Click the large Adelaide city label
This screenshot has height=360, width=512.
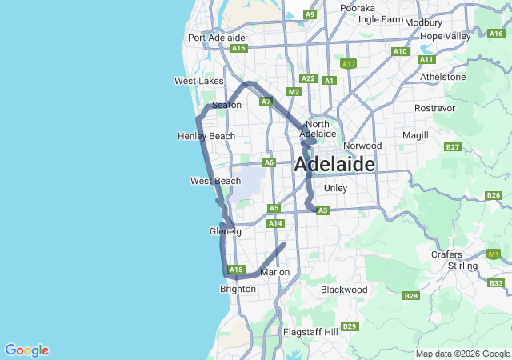pos(334,165)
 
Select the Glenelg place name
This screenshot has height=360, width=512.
pos(225,231)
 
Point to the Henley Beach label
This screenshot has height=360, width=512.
pos(206,136)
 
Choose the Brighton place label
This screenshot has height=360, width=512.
pos(238,289)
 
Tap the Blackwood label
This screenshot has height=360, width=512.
pos(344,289)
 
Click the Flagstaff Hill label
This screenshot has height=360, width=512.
pos(311,331)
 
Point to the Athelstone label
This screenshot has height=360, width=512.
pos(442,78)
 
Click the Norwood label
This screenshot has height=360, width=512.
pos(362,146)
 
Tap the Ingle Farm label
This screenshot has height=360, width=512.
pos(381,18)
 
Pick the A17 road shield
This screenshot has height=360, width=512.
pos(348,63)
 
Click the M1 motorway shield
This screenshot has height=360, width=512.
pos(494,254)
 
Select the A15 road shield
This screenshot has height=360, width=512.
pos(235,270)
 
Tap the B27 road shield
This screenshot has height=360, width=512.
pos(454,146)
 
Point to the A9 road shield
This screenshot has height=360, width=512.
pos(310,14)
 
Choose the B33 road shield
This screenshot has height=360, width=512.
pos(496,283)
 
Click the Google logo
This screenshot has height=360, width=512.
pos(26,350)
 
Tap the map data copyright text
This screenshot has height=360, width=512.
pos(462,354)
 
